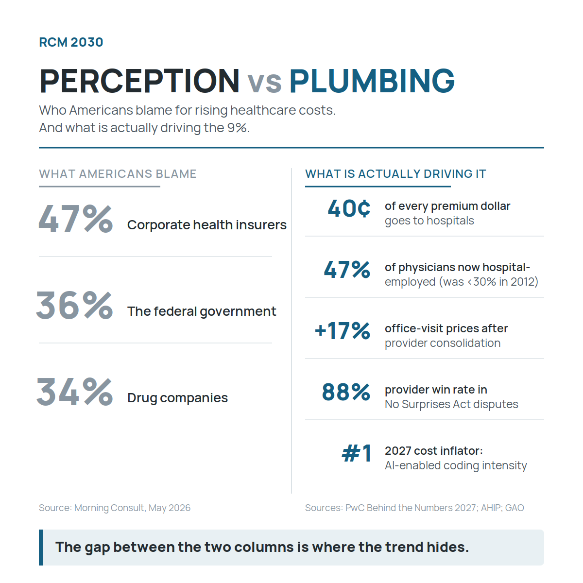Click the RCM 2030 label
coord(71,42)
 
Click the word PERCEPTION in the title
coord(139,81)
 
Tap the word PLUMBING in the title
coord(372,81)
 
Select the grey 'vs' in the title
coord(264,83)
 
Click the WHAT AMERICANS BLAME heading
coord(118,174)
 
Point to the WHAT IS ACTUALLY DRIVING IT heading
coord(395,174)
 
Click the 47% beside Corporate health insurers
coord(76,219)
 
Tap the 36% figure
coord(75,305)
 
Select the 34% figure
coord(75,392)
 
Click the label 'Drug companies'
coord(178,398)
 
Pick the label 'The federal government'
coord(202,311)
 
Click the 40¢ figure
coord(349,208)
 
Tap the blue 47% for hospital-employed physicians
coord(347,270)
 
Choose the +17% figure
coord(343,331)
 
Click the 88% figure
coord(346,392)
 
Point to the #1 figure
coord(357,453)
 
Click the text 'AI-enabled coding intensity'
coord(456,465)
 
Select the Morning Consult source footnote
coord(115,508)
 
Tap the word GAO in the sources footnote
coord(514,508)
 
